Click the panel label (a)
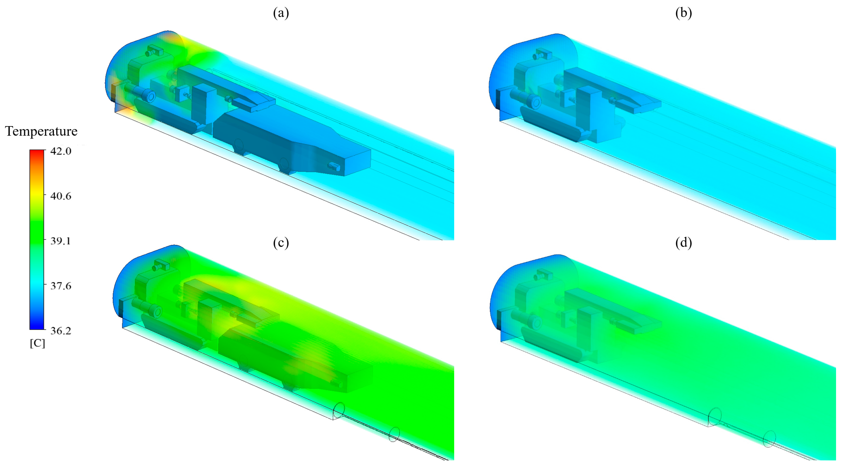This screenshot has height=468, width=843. point(281,13)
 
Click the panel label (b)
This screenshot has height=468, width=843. point(684,13)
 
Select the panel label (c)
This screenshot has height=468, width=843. point(281,243)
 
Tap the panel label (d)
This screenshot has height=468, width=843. point(684,243)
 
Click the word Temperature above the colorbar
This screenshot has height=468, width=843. point(41,131)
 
